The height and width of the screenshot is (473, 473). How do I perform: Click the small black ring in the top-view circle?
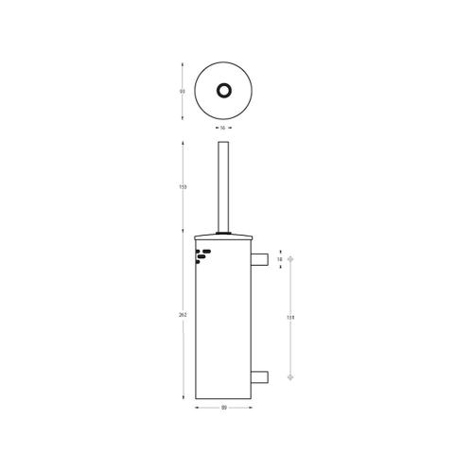tap(223, 90)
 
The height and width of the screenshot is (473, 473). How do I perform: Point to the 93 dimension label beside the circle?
tap(182, 91)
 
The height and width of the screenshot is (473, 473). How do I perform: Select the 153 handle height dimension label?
tap(182, 187)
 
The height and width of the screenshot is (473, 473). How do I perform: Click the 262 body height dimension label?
tap(182, 315)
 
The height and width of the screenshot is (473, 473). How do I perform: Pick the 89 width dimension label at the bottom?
tap(223, 409)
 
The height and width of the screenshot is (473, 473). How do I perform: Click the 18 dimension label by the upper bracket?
tap(279, 259)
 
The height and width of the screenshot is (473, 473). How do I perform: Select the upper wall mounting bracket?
tap(260, 259)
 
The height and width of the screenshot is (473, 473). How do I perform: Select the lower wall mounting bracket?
tap(260, 377)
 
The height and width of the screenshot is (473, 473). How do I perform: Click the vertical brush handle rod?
tap(223, 184)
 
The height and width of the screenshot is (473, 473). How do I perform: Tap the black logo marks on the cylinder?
tap(202, 255)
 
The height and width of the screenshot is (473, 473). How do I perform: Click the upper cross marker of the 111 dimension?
tap(291, 259)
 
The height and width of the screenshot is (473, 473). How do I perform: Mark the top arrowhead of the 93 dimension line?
tap(182, 63)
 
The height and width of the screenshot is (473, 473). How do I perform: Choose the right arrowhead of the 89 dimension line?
tap(251, 409)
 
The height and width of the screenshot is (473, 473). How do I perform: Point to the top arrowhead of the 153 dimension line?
tap(182, 144)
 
